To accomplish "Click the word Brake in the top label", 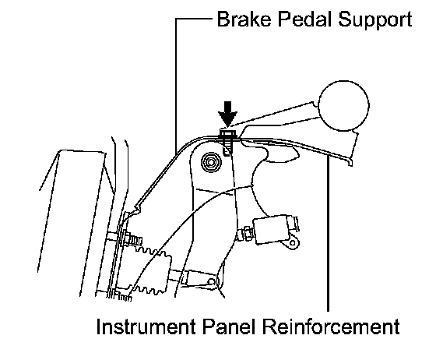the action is point(244,19).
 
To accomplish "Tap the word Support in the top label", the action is point(375,20).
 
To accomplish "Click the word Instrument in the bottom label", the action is point(146,326).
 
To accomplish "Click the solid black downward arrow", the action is point(227,114).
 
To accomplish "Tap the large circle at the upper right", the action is point(343,106).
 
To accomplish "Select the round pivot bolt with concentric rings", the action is point(211,162).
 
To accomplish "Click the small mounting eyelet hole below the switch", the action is point(293,243).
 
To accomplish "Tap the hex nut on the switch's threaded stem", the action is point(248,233).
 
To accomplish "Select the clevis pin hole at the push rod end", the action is point(212,282).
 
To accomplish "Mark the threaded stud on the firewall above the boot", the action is point(133,240).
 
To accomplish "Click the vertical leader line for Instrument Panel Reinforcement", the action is point(329,233).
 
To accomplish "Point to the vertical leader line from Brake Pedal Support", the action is point(176,86).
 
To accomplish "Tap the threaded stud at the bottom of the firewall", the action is point(121,297).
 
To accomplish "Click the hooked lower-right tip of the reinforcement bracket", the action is point(350,164).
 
